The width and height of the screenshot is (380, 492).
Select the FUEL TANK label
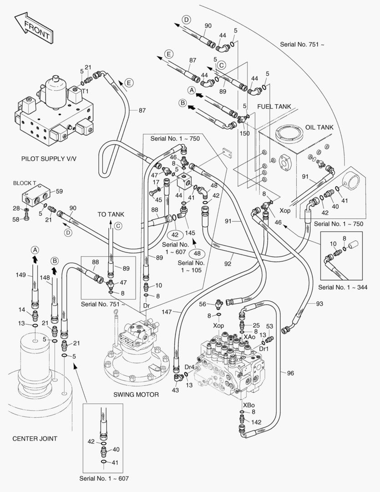[274, 107]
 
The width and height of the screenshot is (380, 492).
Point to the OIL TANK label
[319, 128]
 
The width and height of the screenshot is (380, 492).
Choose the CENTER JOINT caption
[35, 439]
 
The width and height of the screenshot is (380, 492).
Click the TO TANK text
[111, 214]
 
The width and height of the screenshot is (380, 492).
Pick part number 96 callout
[290, 373]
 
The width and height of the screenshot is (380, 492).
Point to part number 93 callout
[319, 303]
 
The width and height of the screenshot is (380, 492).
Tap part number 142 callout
[256, 422]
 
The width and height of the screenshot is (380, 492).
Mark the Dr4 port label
[189, 367]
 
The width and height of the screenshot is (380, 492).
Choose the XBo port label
[248, 405]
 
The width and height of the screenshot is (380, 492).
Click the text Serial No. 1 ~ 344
[343, 287]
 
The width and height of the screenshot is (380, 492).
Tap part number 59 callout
[59, 191]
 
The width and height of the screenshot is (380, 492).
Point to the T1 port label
[85, 91]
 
